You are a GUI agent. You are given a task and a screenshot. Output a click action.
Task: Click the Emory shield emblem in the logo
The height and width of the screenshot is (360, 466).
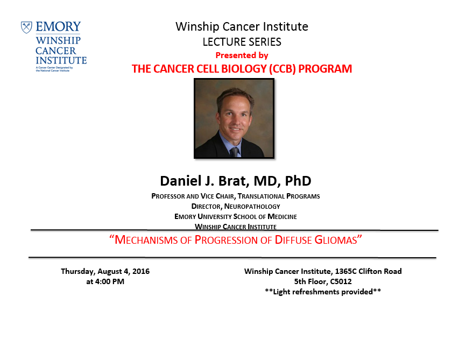click(x=26, y=27)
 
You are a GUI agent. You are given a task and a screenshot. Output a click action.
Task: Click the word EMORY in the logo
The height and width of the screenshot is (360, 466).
click(x=58, y=27)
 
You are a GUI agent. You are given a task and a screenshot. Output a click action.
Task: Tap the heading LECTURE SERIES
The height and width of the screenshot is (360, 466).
click(x=242, y=42)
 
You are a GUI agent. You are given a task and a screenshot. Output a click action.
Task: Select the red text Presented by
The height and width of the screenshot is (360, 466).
click(x=242, y=55)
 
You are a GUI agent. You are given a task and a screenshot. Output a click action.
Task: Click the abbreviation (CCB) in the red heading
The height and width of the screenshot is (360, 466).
click(x=283, y=69)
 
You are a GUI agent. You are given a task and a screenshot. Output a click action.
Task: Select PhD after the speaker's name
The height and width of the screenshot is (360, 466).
click(x=298, y=181)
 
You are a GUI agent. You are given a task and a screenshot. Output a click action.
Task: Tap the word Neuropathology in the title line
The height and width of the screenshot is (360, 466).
click(x=252, y=206)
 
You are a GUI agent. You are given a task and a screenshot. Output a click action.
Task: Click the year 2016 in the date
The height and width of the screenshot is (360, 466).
click(x=141, y=271)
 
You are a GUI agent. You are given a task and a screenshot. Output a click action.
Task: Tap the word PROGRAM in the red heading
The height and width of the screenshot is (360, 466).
click(x=325, y=69)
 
